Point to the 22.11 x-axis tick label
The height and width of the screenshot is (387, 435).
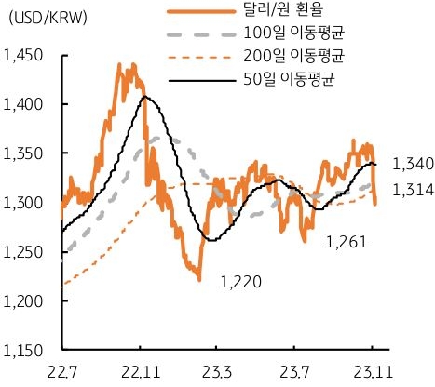[x=140, y=373]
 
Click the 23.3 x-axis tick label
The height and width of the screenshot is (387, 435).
[x=217, y=373]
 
